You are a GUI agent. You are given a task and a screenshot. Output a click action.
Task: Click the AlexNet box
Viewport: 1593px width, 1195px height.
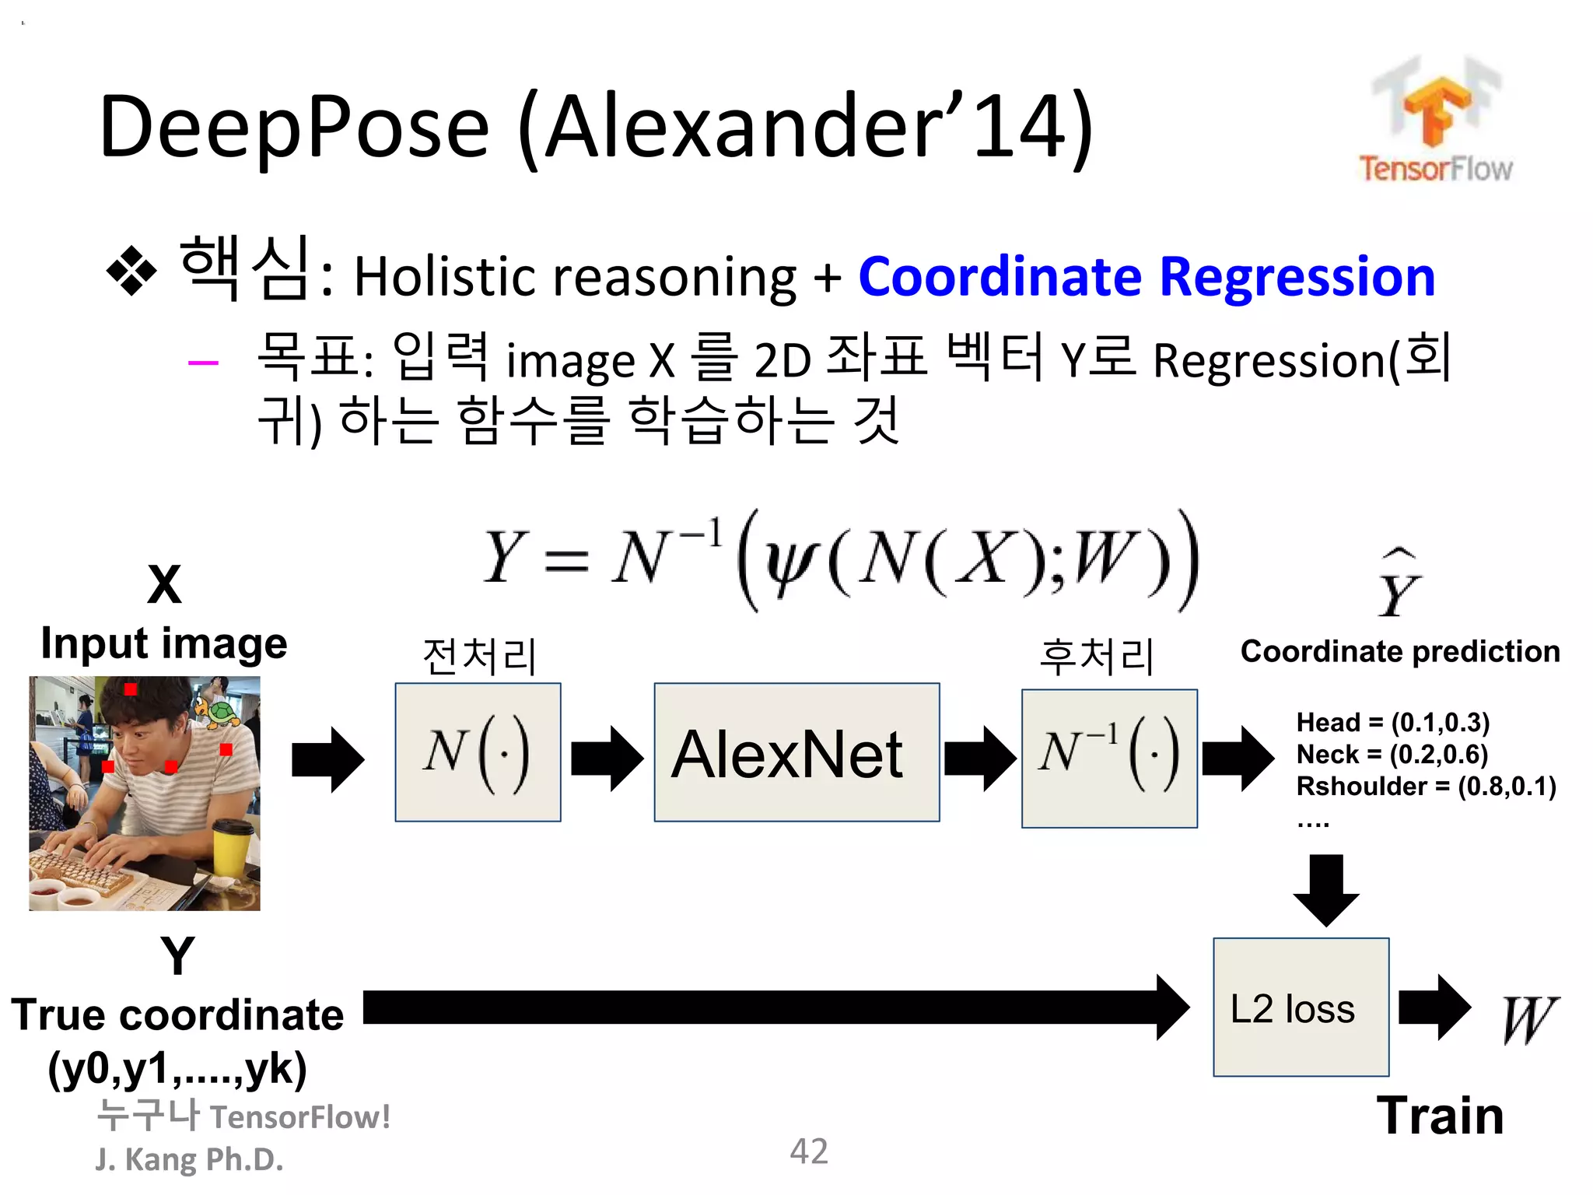click(x=796, y=752)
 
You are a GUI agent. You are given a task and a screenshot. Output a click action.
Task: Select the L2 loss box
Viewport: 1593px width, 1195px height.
click(x=1301, y=1008)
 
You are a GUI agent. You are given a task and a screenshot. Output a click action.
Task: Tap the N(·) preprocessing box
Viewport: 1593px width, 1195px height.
click(x=478, y=752)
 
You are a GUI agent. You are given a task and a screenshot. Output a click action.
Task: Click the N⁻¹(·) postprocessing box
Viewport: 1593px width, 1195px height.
click(x=1109, y=759)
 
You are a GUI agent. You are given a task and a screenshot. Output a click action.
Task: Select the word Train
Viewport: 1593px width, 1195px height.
click(x=1440, y=1116)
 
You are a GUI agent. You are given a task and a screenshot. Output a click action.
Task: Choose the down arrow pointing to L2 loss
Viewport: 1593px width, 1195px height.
click(x=1326, y=891)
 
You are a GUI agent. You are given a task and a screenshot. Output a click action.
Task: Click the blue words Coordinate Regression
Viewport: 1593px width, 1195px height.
click(x=1147, y=276)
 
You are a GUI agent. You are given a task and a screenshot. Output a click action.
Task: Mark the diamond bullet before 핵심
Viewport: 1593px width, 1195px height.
click(x=131, y=272)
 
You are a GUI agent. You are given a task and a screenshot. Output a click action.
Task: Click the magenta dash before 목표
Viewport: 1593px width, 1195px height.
click(x=203, y=363)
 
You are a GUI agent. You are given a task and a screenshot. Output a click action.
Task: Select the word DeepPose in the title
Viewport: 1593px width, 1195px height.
click(x=295, y=126)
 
